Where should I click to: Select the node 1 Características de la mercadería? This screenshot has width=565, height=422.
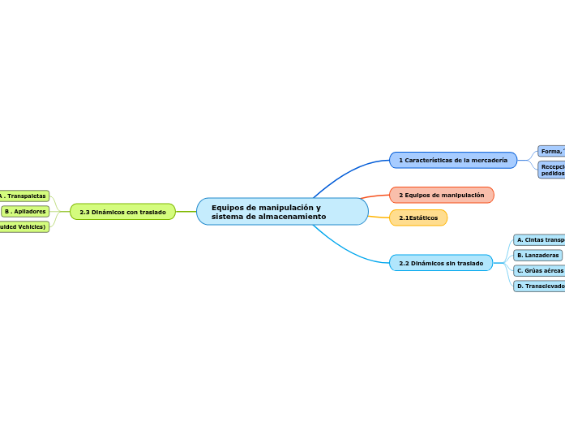click(x=452, y=161)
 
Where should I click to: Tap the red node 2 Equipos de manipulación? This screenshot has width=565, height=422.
click(x=441, y=196)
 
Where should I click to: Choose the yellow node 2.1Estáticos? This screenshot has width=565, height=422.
click(x=418, y=218)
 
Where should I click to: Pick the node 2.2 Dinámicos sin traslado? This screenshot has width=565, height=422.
click(x=440, y=263)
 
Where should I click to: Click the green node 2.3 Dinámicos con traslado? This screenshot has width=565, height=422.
click(x=122, y=212)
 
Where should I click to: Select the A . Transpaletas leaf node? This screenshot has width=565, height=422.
click(x=24, y=196)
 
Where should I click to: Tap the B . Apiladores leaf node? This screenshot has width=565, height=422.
click(x=24, y=211)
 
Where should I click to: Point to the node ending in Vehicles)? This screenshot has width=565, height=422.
click(x=24, y=227)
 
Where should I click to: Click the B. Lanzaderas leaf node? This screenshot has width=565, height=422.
click(x=537, y=255)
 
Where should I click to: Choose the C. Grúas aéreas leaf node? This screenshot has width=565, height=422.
click(x=539, y=270)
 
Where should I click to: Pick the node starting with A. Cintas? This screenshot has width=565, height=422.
click(x=540, y=239)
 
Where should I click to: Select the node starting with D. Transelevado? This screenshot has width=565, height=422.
click(x=540, y=286)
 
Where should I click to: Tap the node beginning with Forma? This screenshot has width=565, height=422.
click(x=551, y=151)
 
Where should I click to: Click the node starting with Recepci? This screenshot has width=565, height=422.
click(x=551, y=170)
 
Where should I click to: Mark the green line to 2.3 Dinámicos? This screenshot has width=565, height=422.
click(x=186, y=212)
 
